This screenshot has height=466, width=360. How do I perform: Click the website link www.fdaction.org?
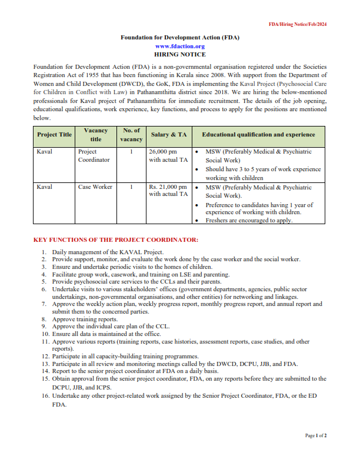pos(180,46)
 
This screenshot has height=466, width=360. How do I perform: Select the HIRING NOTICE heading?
pos(180,54)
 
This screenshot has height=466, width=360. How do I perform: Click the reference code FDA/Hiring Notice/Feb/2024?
pos(298,24)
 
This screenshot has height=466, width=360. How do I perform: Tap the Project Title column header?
pos(54,134)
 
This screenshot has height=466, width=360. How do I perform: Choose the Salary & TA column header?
pos(169,134)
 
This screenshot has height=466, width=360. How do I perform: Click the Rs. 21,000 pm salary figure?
pos(168,187)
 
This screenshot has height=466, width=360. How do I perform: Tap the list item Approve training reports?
pos(85,318)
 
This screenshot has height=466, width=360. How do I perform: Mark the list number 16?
pos(45,396)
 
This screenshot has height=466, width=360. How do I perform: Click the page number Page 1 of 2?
pos(316,435)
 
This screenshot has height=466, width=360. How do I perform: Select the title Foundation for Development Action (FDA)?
pos(180,37)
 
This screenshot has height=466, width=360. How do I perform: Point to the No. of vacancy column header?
pos(131,134)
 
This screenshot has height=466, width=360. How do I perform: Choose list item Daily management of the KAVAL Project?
pos(104,252)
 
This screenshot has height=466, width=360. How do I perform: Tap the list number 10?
pos(45,334)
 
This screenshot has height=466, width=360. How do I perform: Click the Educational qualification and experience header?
pos(258,134)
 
